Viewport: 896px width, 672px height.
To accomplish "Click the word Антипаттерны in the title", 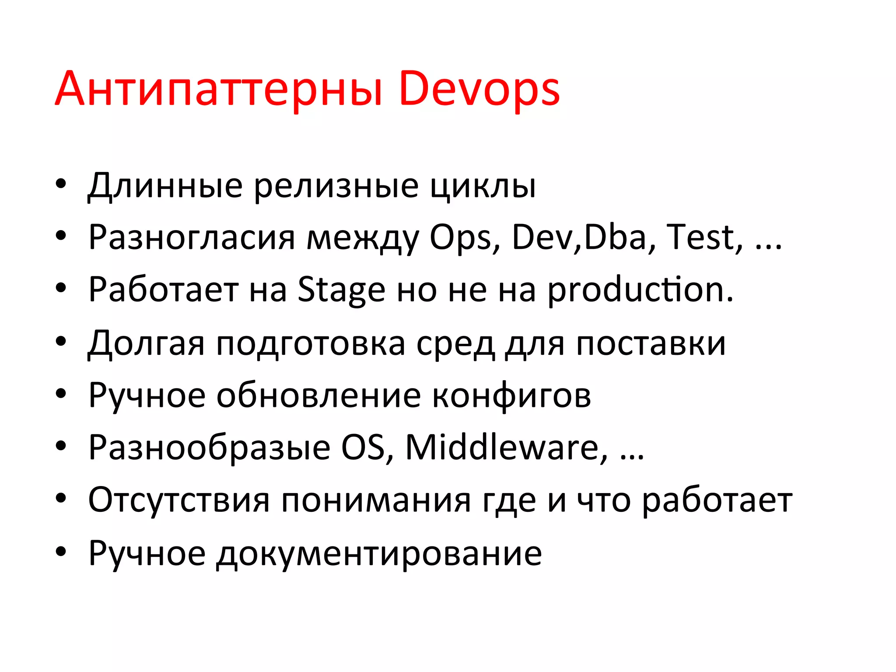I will coord(219,90).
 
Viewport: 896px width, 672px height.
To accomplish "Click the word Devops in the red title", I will coord(479,90).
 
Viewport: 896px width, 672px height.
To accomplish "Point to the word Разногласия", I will coord(192,238).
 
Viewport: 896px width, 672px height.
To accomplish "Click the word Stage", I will coord(341,290).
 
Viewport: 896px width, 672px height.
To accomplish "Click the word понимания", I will coord(376,500).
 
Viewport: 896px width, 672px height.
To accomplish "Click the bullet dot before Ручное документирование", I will coord(61,552).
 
